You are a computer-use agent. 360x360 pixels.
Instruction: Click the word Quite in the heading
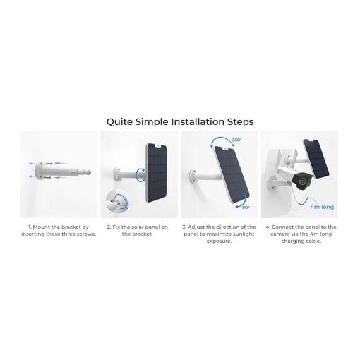[119, 122]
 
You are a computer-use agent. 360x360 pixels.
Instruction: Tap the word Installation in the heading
[197, 121]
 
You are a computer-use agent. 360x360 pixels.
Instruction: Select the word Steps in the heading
[240, 122]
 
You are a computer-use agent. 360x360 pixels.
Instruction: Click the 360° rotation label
[236, 140]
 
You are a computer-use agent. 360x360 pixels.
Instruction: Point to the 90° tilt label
[246, 208]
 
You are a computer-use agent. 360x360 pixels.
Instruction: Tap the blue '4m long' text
[322, 207]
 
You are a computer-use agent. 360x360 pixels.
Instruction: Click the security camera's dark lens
[302, 181]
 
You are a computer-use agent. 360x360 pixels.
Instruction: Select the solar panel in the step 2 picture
[156, 173]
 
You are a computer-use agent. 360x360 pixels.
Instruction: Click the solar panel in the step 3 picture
[232, 175]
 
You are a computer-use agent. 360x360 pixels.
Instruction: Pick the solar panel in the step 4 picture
[316, 159]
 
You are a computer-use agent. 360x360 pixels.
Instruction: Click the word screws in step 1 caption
[86, 234]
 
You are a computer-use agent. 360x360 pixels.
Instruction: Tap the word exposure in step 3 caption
[219, 241]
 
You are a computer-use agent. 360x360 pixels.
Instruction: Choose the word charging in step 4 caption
[292, 241]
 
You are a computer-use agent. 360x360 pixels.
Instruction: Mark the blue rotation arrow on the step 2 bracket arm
[141, 175]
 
